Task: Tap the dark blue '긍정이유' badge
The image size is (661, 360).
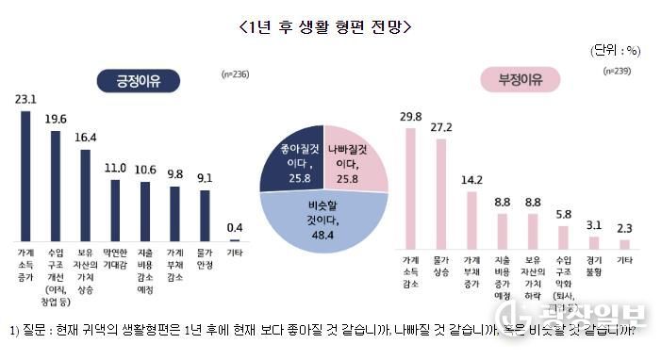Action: (140, 81)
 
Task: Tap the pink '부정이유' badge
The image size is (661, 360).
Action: (521, 80)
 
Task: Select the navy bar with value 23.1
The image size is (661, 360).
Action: (25, 174)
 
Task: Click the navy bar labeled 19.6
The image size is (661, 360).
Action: (55, 185)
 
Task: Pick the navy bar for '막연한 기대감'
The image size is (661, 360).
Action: (114, 209)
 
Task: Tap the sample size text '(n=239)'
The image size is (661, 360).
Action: (616, 71)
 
